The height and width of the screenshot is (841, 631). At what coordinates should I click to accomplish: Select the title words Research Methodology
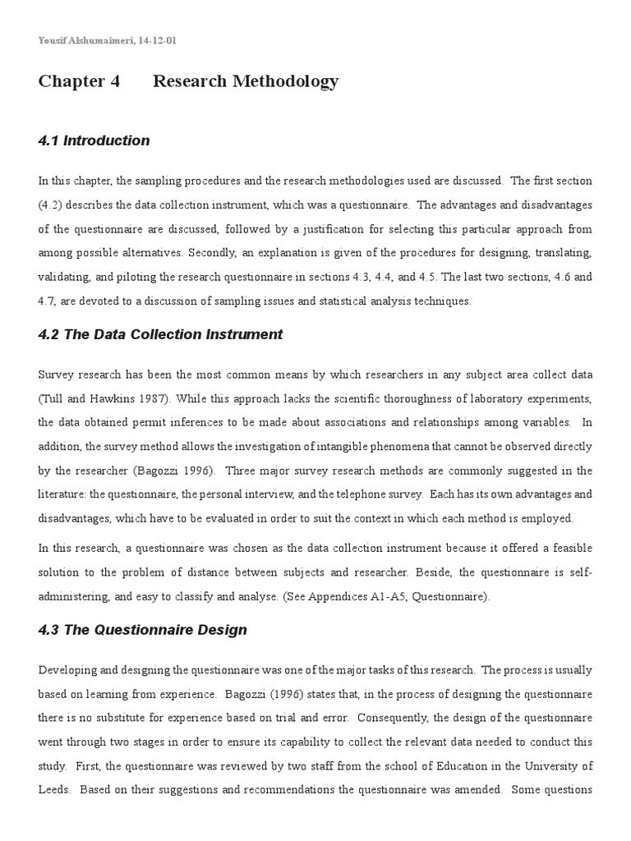click(x=246, y=81)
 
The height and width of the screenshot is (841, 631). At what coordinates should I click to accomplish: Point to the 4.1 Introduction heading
click(x=94, y=140)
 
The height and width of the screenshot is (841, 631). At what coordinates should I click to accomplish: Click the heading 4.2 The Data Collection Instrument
click(x=160, y=334)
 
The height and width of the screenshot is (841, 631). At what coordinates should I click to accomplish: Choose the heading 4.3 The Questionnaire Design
click(x=142, y=631)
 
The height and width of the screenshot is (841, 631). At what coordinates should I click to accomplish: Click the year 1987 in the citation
click(x=144, y=398)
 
